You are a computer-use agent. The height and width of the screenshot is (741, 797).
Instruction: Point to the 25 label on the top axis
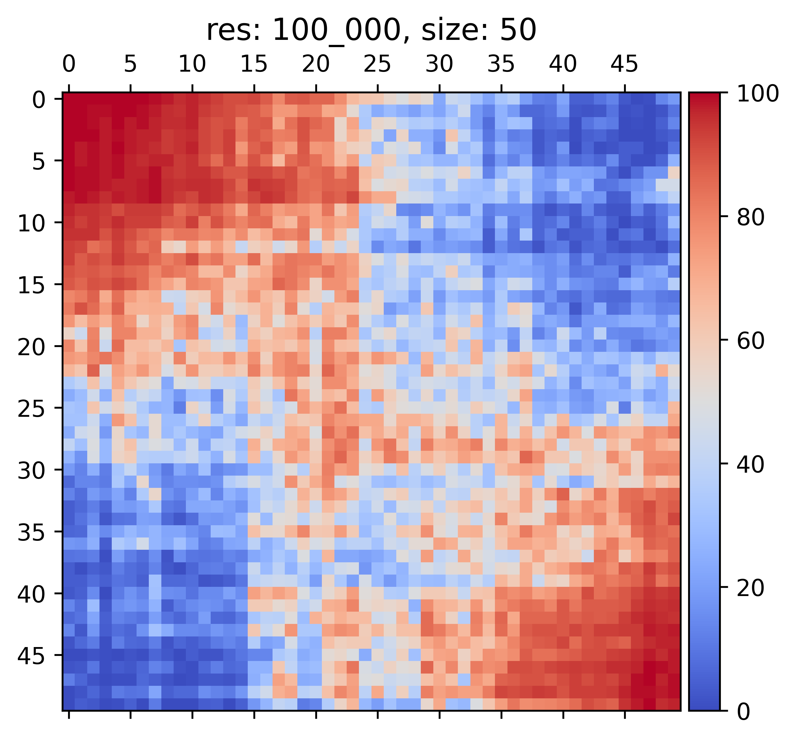coord(377,64)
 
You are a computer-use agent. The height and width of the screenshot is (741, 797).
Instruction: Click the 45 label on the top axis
coord(624,64)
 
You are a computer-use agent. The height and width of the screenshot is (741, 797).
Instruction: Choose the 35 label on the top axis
coord(501,64)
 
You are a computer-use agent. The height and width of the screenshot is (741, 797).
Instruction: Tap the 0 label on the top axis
coord(69,64)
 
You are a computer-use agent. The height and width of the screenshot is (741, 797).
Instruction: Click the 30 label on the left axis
coord(32,470)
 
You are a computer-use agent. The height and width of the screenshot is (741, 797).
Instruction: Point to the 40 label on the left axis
coord(32,594)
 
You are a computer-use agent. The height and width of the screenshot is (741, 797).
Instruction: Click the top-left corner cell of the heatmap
coord(69,99)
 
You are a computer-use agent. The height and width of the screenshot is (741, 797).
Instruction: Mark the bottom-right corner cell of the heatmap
coord(674,704)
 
